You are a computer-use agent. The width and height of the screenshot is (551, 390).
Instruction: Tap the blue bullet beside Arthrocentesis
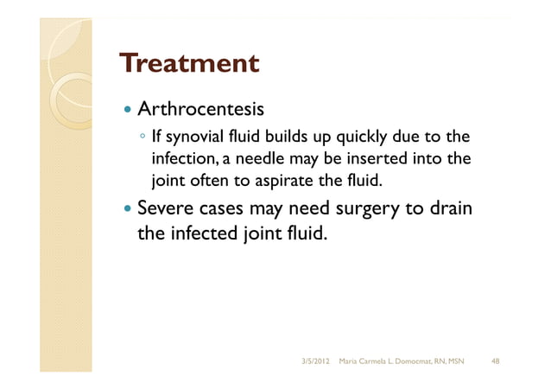(x=127, y=112)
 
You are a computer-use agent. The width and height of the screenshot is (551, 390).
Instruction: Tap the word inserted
(x=380, y=160)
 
